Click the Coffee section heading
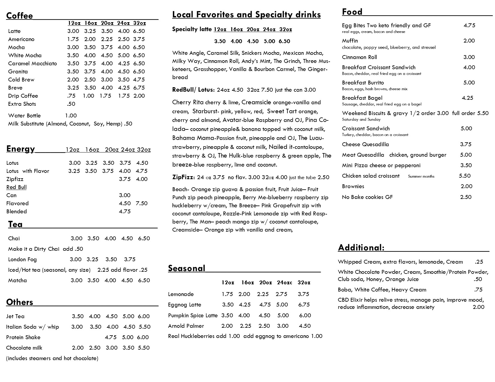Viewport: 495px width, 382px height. pyautogui.click(x=19, y=16)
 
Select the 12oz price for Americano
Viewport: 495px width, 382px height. pyautogui.click(x=73, y=39)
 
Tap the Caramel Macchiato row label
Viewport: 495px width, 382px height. pyautogui.click(x=32, y=64)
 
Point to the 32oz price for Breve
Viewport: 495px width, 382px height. pyautogui.click(x=139, y=88)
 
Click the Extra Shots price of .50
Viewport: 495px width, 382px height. pyautogui.click(x=71, y=104)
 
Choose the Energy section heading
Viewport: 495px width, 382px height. pyautogui.click(x=20, y=149)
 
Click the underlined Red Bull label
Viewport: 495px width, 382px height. pyautogui.click(x=16, y=187)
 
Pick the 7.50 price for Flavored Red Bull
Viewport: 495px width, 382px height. pyautogui.click(x=142, y=203)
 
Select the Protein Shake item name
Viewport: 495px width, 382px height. pyautogui.click(x=23, y=337)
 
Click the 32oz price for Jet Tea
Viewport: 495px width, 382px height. pyautogui.click(x=144, y=316)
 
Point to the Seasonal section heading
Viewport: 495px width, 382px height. pyautogui.click(x=187, y=268)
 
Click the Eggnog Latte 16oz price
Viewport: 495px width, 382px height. pyautogui.click(x=244, y=305)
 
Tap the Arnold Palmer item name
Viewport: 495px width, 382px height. pyautogui.click(x=186, y=326)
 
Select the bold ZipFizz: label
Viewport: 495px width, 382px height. pyautogui.click(x=184, y=177)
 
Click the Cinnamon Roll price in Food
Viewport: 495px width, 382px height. pyautogui.click(x=469, y=57)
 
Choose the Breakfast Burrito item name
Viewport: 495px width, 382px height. pyautogui.click(x=363, y=83)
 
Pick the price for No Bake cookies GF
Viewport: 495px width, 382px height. pyautogui.click(x=466, y=197)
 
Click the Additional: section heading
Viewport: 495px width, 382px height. pyautogui.click(x=361, y=248)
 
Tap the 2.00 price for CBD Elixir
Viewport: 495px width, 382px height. pyautogui.click(x=478, y=307)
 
